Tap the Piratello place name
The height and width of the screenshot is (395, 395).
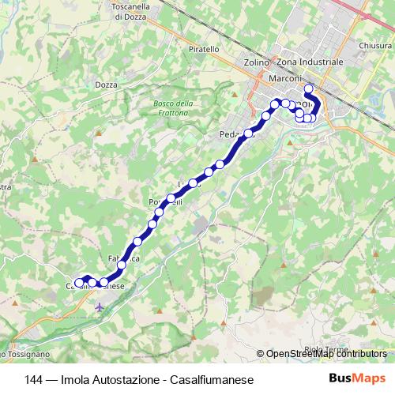204,49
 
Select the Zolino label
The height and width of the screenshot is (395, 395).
257,62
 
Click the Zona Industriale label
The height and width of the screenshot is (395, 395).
310,62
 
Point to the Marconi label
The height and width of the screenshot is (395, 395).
284,77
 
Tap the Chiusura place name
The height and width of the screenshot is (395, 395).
375,46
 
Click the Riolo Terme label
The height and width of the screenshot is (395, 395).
325,349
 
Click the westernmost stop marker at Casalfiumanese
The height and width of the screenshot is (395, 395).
78,283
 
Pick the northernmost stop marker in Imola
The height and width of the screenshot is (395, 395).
309,88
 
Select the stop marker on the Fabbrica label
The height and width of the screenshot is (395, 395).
122,265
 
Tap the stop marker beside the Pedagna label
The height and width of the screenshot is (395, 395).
248,134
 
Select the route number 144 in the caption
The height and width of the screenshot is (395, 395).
35,380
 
